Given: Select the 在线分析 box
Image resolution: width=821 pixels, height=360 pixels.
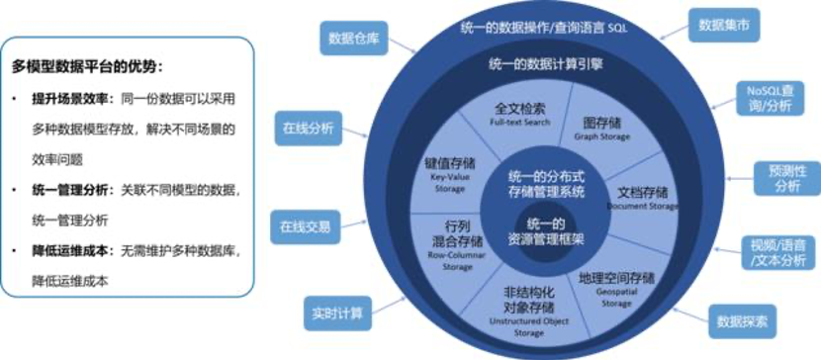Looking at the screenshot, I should point(309,129).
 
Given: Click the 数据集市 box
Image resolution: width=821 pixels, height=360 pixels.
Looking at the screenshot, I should point(724,24).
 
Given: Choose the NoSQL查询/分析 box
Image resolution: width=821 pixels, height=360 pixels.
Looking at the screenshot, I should point(771,97).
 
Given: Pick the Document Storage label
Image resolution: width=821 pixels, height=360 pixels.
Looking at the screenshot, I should point(642,207).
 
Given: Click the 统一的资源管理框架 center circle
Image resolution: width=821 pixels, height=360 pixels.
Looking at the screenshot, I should point(544,230).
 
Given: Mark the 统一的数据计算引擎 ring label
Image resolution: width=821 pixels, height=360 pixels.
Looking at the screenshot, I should point(546,64).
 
